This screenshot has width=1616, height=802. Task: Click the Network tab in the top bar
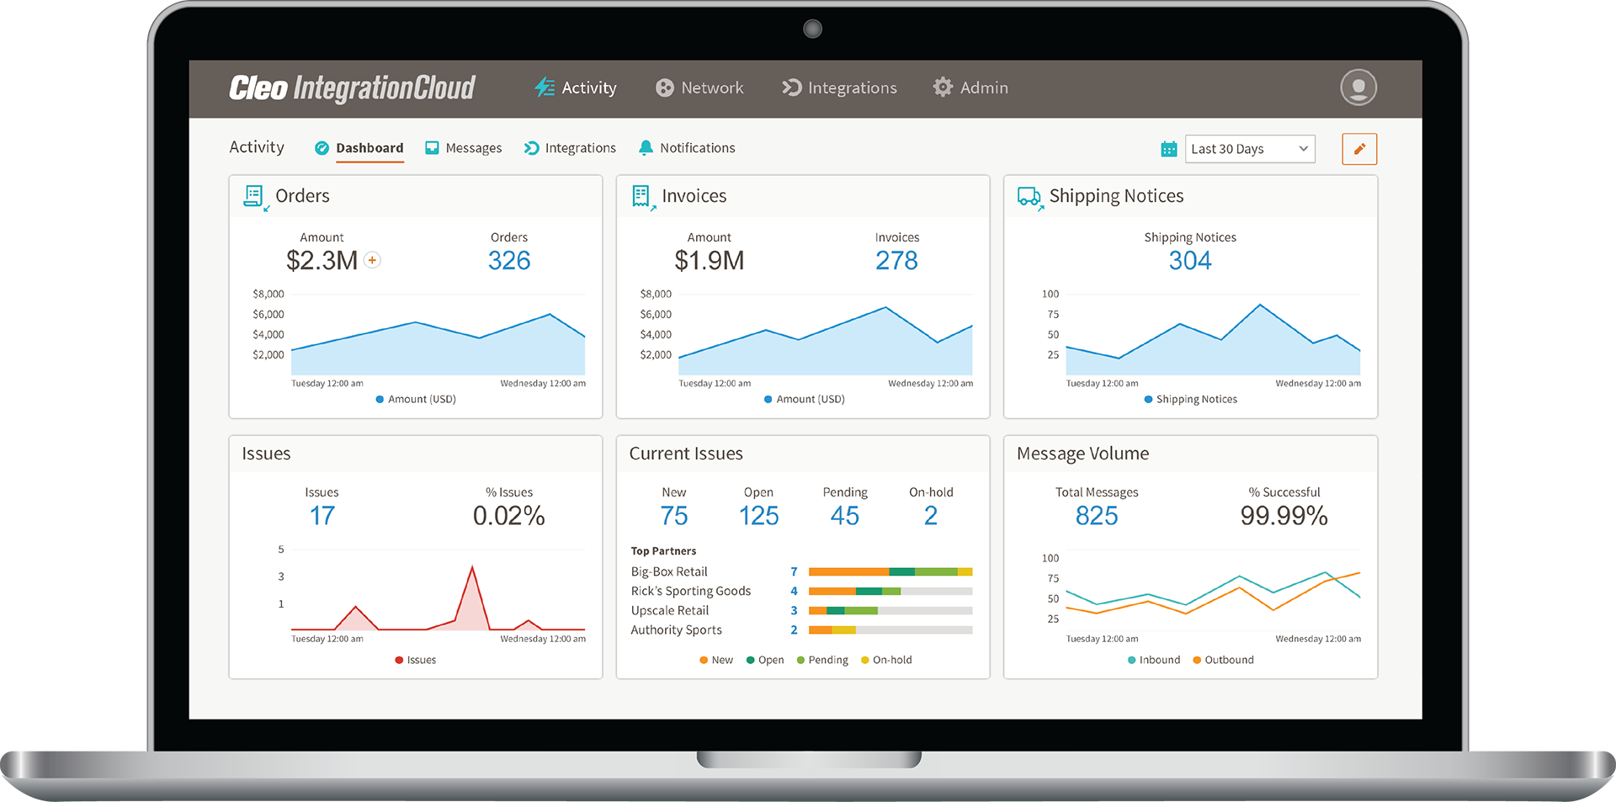700,88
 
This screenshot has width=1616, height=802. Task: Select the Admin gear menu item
970,88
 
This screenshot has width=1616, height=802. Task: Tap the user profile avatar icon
1358,88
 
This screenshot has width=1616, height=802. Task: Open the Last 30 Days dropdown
1250,149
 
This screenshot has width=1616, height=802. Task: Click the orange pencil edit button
1358,149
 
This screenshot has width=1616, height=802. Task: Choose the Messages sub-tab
464,148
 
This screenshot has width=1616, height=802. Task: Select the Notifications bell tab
687,148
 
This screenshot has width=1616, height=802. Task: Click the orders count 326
509,261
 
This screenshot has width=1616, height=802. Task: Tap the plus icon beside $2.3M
372,260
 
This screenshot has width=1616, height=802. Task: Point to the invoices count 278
896,261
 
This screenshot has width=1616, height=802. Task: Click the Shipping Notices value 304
1189,261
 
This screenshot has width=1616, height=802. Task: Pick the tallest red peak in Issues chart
472,568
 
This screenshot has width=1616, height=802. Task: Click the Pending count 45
844,516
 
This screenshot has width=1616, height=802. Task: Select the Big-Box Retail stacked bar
890,571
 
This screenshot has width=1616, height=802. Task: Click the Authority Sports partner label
676,629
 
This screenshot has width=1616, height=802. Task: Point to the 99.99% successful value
1284,516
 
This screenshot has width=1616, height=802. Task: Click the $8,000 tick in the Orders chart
268,294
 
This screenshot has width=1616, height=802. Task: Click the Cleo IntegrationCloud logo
352,88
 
